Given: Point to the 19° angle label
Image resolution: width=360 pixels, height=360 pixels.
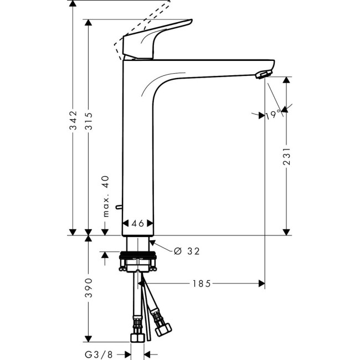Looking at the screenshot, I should [272, 115].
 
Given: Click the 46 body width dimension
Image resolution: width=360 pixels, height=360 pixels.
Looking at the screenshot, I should [137, 223].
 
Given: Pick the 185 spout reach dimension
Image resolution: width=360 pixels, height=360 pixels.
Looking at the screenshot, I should [202, 284].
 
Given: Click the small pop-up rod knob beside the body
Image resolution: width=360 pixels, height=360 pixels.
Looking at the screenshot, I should [116, 207].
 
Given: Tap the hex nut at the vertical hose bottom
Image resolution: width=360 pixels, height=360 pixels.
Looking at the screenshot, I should [136, 337].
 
